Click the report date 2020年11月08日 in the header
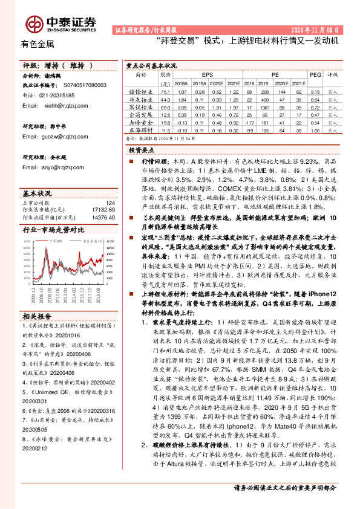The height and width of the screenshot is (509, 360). [x=318, y=29]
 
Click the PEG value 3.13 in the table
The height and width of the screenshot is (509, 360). [x=315, y=91]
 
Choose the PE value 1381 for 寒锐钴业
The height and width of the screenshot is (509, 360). [x=262, y=106]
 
